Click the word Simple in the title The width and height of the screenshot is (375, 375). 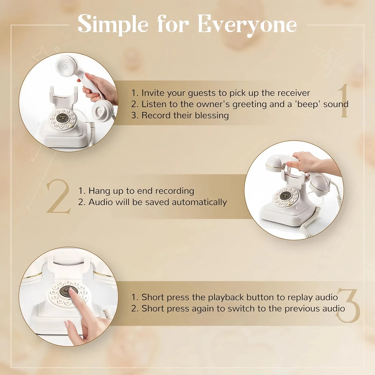tap(113, 24)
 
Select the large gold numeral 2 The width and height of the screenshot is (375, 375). tap(58, 196)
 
